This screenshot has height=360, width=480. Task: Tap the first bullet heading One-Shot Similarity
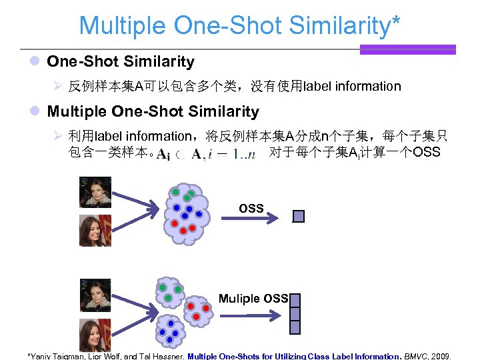pos(121,62)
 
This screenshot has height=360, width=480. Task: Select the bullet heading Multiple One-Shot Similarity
pos(153,111)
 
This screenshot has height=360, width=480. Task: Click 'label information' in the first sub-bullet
pos(352,86)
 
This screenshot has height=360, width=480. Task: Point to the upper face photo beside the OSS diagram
pos(95,192)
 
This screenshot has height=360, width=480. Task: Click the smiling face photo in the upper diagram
pos(95,231)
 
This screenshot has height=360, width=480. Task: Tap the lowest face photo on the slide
pos(95,335)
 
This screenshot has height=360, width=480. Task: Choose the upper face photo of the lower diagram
pos(95,295)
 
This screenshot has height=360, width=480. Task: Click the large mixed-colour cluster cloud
pos(183,211)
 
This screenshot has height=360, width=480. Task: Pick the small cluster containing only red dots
pos(197,309)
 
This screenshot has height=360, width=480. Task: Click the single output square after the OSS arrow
pos(299,216)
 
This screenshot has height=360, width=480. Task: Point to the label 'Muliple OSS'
pos(253,299)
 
